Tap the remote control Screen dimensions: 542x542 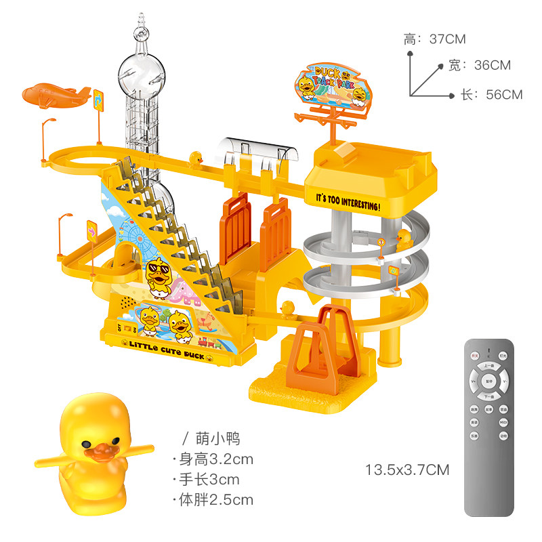490,427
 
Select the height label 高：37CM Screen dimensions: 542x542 435,39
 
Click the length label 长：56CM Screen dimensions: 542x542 492,95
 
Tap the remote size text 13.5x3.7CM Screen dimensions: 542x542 407,470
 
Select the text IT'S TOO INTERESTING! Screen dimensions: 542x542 348,201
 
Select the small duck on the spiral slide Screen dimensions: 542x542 404,239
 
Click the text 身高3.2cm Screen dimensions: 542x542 215,459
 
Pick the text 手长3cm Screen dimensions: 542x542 209,480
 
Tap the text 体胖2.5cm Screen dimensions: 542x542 215,501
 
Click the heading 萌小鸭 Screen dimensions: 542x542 212,438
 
